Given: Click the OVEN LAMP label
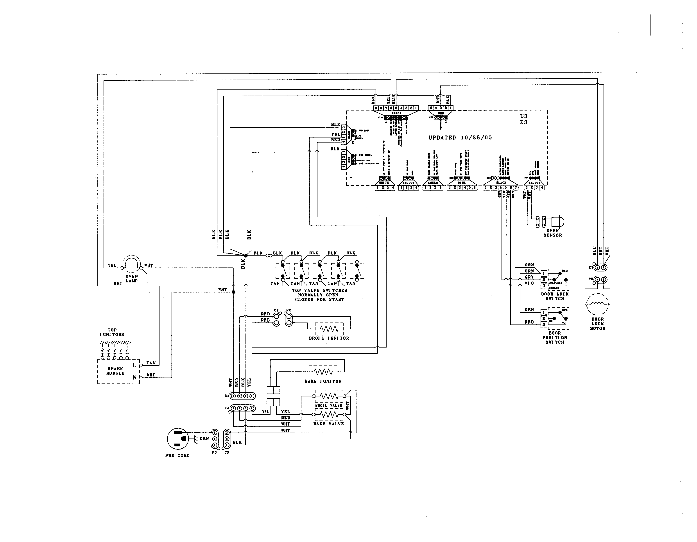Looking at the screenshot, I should [131, 278].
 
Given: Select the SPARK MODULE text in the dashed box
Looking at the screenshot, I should [116, 371].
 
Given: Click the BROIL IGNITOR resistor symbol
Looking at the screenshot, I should [329, 328].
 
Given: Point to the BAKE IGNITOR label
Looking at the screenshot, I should [323, 381].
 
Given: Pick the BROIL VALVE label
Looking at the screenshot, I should [329, 405].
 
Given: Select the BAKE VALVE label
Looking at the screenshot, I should [328, 424].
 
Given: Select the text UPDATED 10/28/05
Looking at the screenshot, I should [460, 138].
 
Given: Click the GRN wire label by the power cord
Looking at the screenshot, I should [204, 439].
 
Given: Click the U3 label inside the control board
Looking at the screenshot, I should [523, 116].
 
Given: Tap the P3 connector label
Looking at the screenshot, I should [214, 452].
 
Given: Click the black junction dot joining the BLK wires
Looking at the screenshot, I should [246, 255].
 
